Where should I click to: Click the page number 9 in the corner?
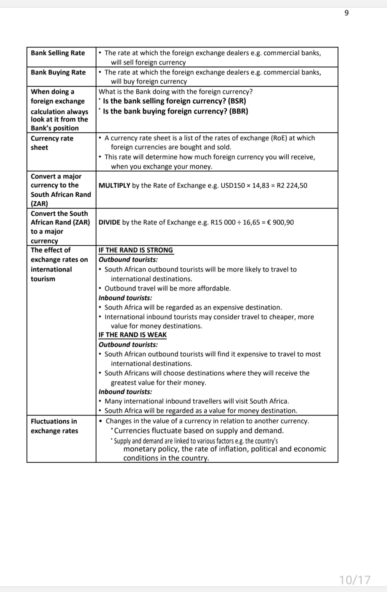pos(346,13)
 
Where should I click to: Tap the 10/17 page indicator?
pos(354,579)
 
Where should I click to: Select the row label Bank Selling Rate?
pos(58,53)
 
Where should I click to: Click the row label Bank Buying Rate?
pos(58,72)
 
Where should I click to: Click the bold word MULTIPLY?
pos(114,185)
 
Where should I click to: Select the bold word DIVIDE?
pos(109,222)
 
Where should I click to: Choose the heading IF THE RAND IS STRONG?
pos(136,250)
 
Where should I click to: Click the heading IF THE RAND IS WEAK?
pos(133,335)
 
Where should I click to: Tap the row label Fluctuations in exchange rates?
pos(54,426)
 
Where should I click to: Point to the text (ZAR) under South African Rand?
pos(39,204)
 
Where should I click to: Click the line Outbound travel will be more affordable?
pos(167,288)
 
